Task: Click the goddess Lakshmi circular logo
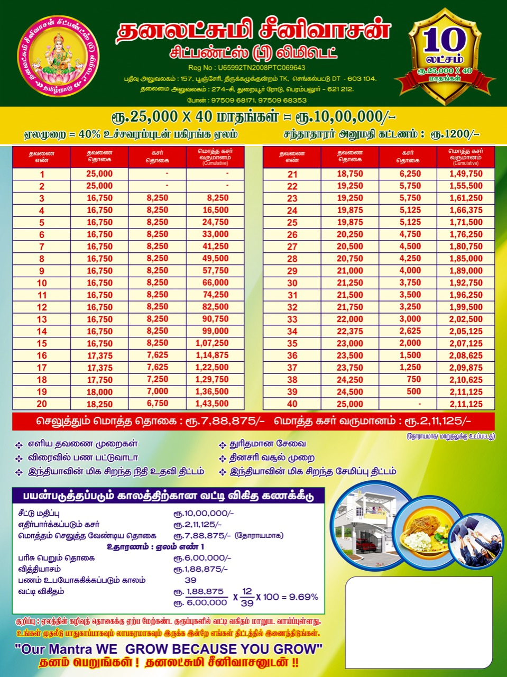coord(58,56)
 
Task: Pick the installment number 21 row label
coord(292,174)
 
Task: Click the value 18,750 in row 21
coord(350,174)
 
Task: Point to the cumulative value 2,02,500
coord(466,319)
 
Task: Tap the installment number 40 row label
coord(292,404)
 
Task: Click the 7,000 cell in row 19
coord(158,391)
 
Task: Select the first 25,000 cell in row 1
coord(99,174)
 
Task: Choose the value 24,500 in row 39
coord(350,392)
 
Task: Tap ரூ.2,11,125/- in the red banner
coord(438,422)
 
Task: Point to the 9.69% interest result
coord(305,597)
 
